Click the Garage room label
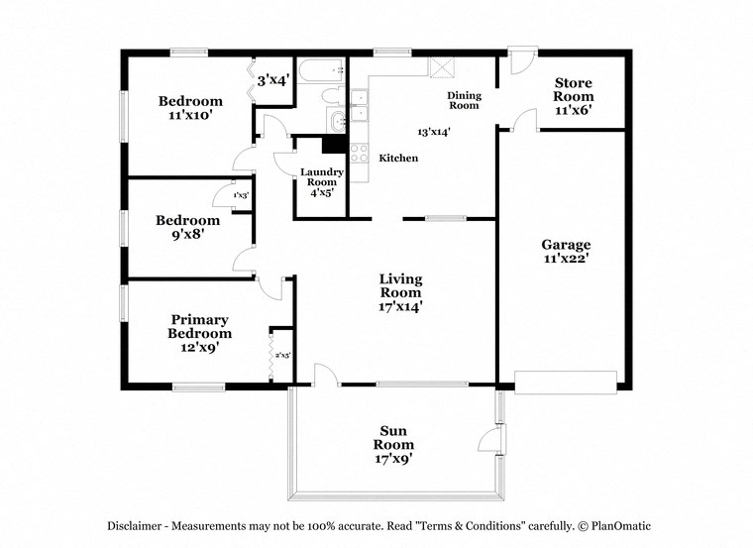click(566, 252)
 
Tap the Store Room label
click(574, 96)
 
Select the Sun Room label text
click(395, 444)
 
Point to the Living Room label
click(400, 292)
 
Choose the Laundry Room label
click(322, 181)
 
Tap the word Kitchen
click(398, 159)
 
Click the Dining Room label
click(464, 100)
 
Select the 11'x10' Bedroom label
click(190, 107)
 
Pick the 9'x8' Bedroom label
click(187, 227)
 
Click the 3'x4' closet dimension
click(272, 81)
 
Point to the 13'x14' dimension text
click(434, 131)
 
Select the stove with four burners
click(358, 154)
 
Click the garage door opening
click(565, 382)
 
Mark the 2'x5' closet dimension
click(281, 355)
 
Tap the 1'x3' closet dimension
click(241, 196)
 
